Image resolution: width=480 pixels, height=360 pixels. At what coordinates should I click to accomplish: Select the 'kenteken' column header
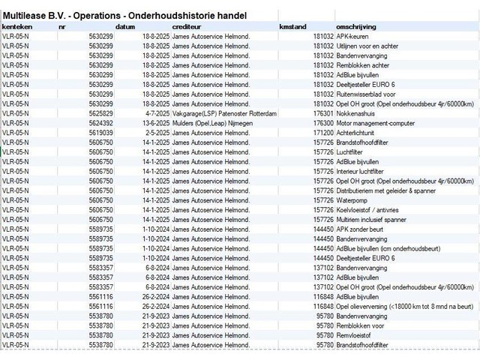[x=16, y=26]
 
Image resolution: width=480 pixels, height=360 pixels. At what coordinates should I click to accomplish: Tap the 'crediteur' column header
[x=187, y=26]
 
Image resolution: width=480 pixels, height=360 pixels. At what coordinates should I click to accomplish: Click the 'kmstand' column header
[x=292, y=26]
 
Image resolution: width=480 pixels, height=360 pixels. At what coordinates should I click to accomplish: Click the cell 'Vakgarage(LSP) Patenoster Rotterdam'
[x=224, y=112]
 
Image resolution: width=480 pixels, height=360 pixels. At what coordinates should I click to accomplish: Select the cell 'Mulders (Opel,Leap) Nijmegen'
[x=214, y=122]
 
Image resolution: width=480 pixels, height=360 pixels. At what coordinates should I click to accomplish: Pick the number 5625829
[x=100, y=112]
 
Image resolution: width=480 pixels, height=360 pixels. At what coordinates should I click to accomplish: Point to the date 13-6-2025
[x=152, y=122]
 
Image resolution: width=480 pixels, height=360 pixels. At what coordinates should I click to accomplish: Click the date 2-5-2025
[x=154, y=132]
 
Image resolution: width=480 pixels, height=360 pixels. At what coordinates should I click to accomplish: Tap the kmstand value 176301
[x=323, y=112]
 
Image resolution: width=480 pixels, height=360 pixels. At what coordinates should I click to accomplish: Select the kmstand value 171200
[x=323, y=132]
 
